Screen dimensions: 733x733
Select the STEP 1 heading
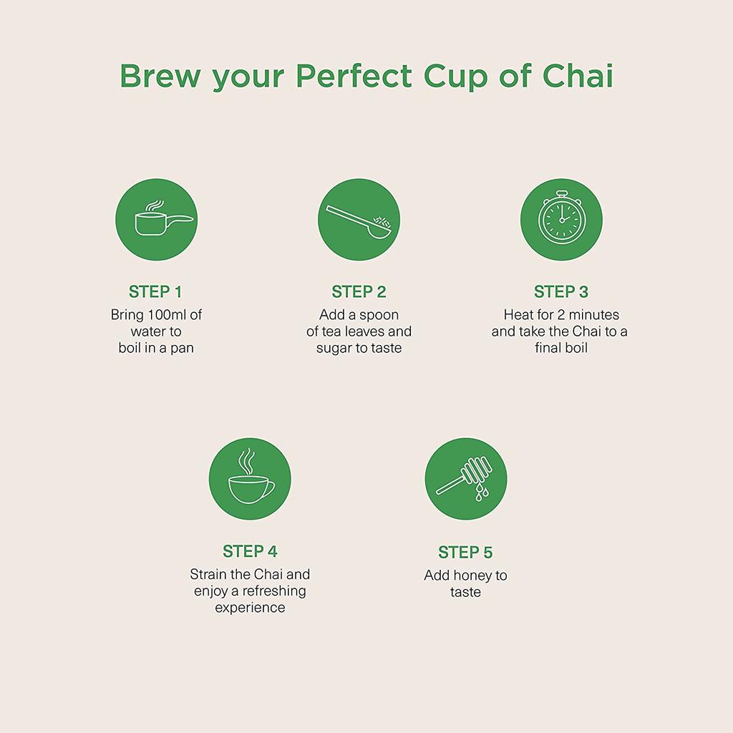(x=155, y=291)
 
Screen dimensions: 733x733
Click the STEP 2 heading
(x=359, y=291)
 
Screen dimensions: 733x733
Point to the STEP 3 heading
(x=561, y=291)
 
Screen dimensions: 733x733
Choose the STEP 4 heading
(x=250, y=551)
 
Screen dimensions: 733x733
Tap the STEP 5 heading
(x=465, y=552)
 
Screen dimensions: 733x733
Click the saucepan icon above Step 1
(x=156, y=220)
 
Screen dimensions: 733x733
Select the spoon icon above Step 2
(x=359, y=220)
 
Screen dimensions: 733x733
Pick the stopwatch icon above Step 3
(x=561, y=219)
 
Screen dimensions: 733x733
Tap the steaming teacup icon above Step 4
(x=250, y=479)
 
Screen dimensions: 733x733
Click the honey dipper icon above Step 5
(x=465, y=480)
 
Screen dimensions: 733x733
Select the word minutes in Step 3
(x=591, y=315)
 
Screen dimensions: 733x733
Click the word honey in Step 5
(x=472, y=576)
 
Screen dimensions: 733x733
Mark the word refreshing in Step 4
(x=273, y=591)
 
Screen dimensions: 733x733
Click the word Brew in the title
(x=160, y=76)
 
